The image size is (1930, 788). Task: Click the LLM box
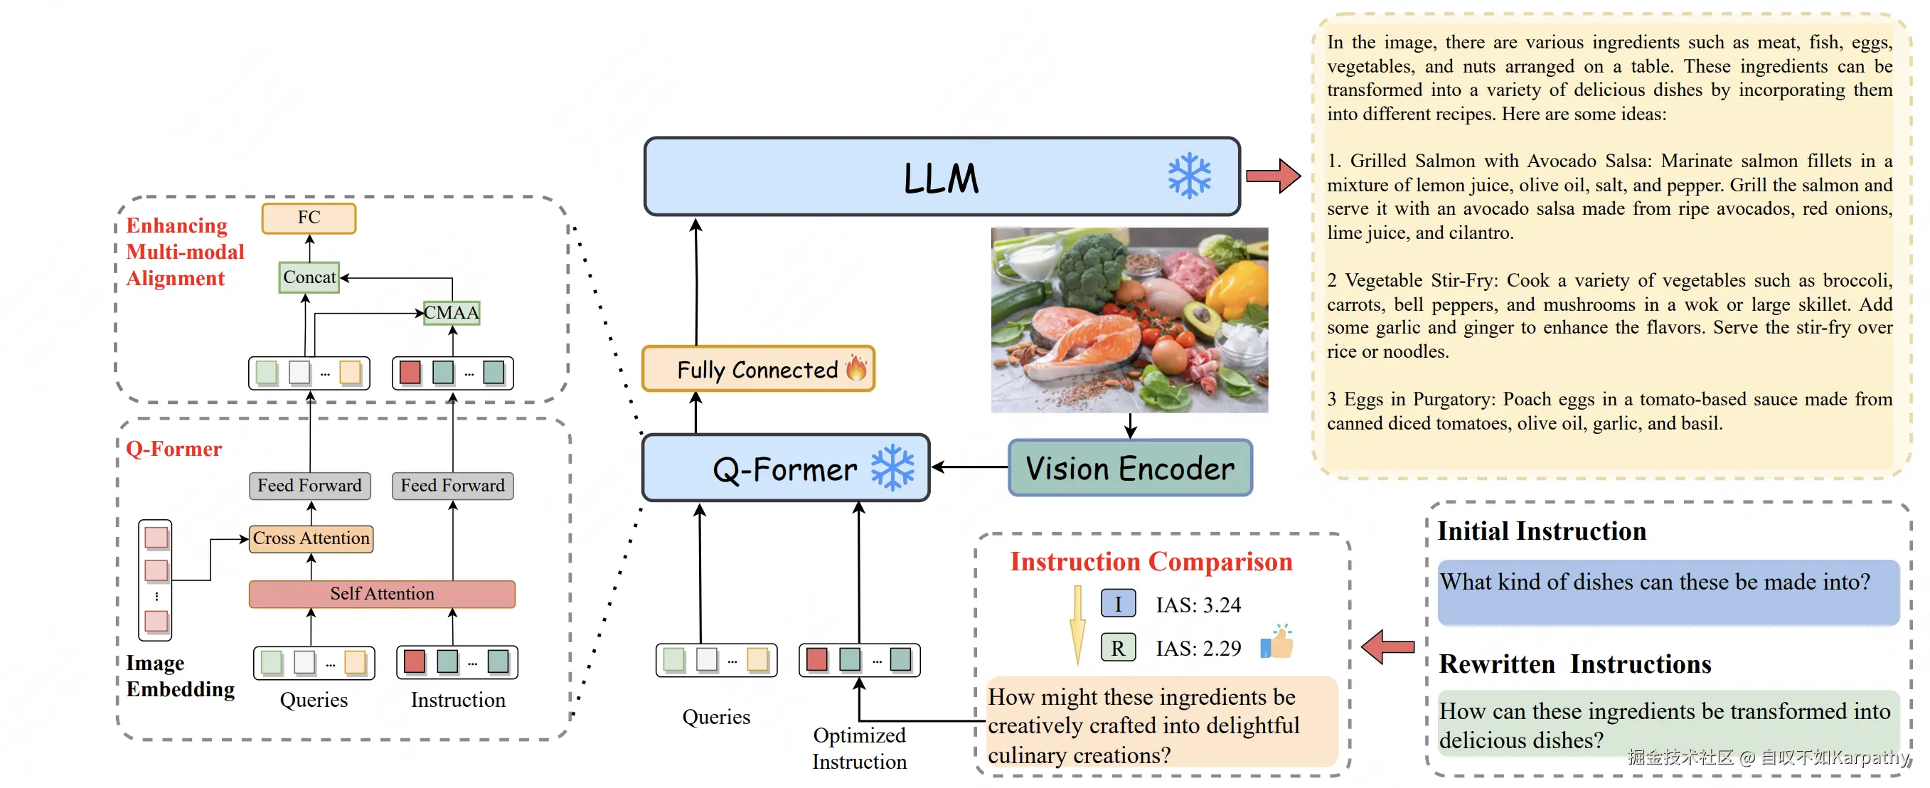click(x=941, y=177)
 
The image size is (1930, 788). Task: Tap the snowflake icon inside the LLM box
click(x=1189, y=176)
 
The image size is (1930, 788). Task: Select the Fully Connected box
click(x=757, y=368)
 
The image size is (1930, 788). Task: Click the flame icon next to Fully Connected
click(x=855, y=368)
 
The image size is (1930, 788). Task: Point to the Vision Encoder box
click(x=1130, y=468)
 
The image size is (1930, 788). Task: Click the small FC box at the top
click(x=309, y=218)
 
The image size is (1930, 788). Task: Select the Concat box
click(x=309, y=277)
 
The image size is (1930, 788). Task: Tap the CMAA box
click(x=451, y=312)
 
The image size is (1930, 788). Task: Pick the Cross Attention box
click(x=311, y=538)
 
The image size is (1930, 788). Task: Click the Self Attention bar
click(x=382, y=594)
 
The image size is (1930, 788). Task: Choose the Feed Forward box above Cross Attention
click(x=309, y=485)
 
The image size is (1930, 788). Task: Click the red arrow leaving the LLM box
click(x=1273, y=176)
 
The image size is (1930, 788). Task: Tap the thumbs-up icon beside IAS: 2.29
click(x=1277, y=643)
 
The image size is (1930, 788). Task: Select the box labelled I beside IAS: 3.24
click(x=1118, y=604)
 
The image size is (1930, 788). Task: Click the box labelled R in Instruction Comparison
click(x=1118, y=647)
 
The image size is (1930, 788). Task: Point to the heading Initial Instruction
click(x=1541, y=531)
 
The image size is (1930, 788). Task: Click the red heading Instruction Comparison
click(x=1151, y=562)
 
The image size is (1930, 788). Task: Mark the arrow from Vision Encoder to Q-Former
click(x=969, y=467)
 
